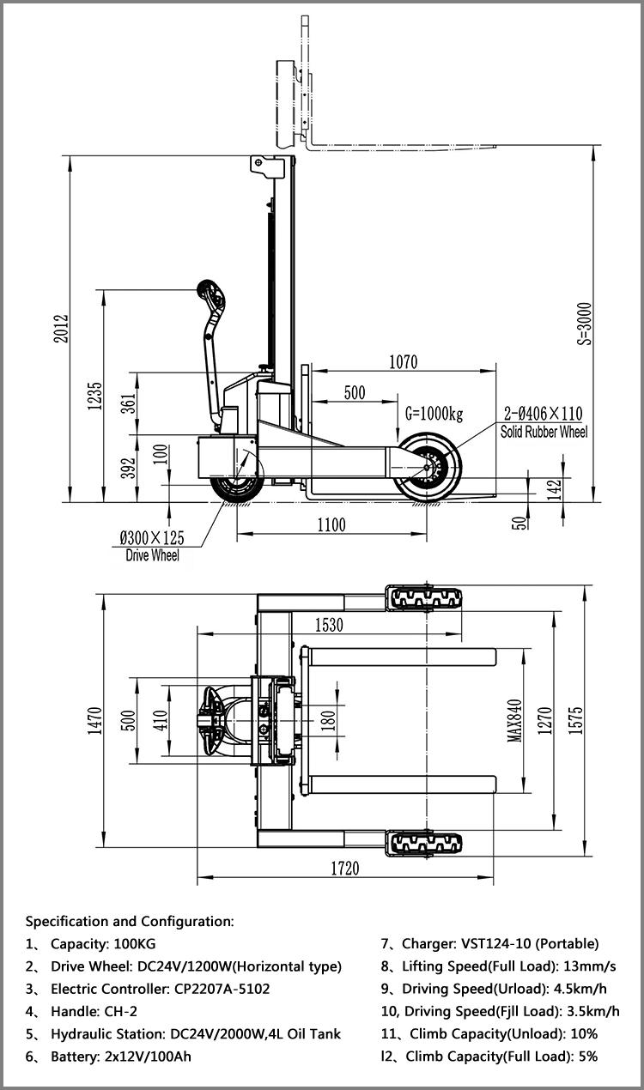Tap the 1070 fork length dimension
(403, 362)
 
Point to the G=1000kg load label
(434, 415)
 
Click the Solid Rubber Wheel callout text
(544, 433)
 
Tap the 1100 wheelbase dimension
(331, 524)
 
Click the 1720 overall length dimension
(344, 868)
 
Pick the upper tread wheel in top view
(425, 598)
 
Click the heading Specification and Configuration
(130, 921)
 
